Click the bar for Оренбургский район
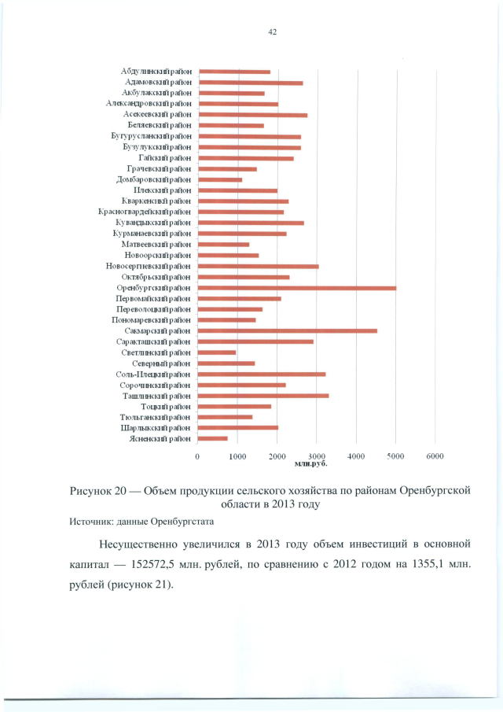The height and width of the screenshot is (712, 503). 297,288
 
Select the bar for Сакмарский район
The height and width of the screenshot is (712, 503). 288,331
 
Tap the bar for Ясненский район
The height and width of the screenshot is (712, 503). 213,438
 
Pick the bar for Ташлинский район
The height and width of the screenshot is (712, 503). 263,396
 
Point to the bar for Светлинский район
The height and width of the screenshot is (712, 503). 217,352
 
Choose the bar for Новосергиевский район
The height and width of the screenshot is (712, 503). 259,267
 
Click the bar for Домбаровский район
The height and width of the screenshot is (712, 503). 220,179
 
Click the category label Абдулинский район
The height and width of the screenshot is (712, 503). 156,72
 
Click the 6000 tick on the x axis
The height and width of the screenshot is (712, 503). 435,456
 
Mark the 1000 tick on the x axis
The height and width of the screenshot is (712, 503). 237,456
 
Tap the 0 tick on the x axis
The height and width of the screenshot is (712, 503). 197,456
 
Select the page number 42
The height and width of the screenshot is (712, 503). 273,32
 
